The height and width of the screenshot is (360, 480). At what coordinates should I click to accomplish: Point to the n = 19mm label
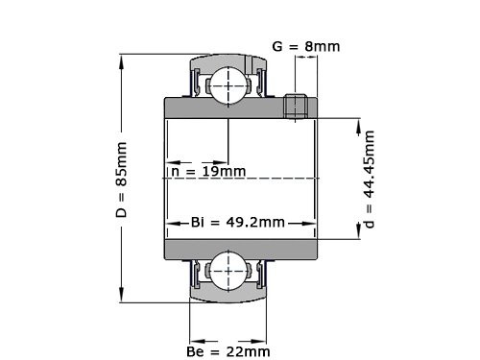tap(206, 172)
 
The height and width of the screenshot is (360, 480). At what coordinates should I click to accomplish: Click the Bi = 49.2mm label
tap(237, 223)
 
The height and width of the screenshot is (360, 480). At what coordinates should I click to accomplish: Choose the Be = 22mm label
tap(228, 352)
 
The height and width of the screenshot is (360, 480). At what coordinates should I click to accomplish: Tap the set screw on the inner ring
tap(298, 106)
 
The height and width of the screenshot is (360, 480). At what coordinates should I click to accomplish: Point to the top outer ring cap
tap(228, 60)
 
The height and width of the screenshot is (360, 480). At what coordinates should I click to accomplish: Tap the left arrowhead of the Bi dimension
tap(170, 223)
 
